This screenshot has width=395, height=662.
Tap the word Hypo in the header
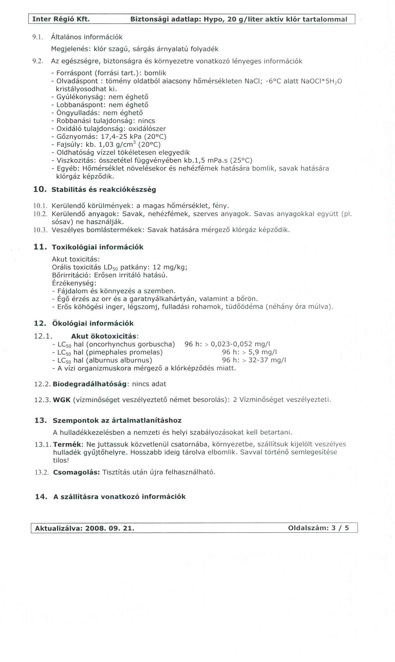[x=213, y=19]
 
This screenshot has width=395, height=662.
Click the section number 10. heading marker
[x=40, y=190]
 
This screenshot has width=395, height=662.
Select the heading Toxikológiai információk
[x=97, y=247]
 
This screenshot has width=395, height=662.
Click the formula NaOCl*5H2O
[x=321, y=81]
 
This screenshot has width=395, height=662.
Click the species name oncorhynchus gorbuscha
[x=130, y=344]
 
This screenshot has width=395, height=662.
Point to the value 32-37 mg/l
[x=267, y=360]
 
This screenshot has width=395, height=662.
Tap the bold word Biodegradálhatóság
[x=90, y=384]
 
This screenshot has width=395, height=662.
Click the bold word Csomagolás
[x=76, y=472]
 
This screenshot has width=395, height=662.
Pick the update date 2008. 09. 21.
[x=110, y=528]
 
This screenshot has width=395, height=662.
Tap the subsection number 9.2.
[x=38, y=61]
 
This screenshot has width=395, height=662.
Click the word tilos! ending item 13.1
[x=61, y=460]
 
